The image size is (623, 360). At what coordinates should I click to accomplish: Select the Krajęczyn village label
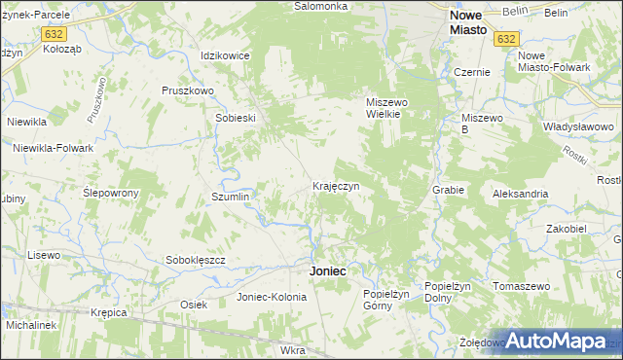tap(336, 185)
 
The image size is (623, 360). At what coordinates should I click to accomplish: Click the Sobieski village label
tap(235, 118)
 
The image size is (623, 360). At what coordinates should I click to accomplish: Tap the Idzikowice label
tap(225, 55)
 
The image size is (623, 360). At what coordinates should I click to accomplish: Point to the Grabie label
tap(448, 190)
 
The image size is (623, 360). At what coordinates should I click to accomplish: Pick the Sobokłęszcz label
tap(196, 260)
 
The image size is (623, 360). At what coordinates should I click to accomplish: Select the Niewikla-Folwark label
tap(53, 148)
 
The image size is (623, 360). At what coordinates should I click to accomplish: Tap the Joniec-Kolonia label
tap(272, 297)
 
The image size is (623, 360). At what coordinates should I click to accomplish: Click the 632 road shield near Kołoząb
tap(54, 33)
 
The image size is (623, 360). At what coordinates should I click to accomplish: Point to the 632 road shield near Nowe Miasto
tap(504, 39)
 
